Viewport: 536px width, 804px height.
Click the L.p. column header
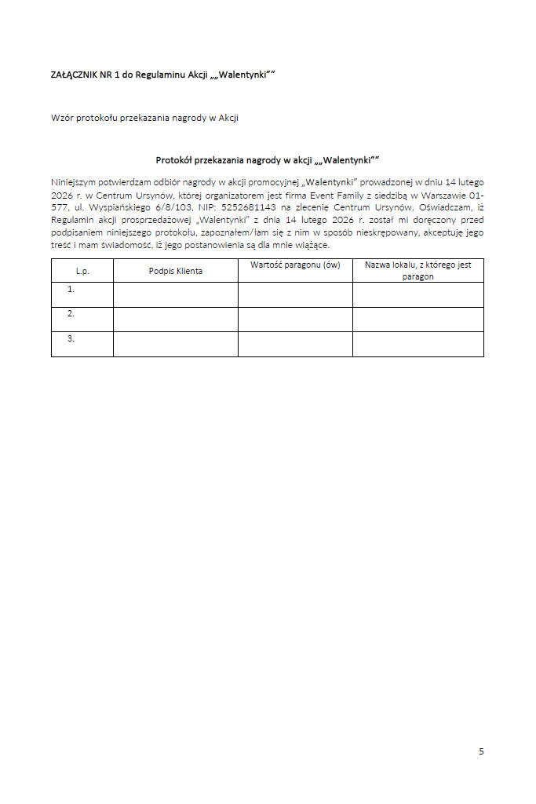pos(82,271)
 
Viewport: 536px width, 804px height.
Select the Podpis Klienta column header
pos(176,271)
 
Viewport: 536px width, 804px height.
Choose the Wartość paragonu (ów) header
pos(295,265)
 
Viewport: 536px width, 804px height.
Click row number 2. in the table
pos(71,314)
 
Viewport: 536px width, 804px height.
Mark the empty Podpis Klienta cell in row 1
pos(176,294)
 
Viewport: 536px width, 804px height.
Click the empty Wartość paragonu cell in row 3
pos(295,344)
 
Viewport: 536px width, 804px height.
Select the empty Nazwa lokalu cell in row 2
pos(417,319)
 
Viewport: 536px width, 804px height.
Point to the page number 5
pos(481,751)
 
